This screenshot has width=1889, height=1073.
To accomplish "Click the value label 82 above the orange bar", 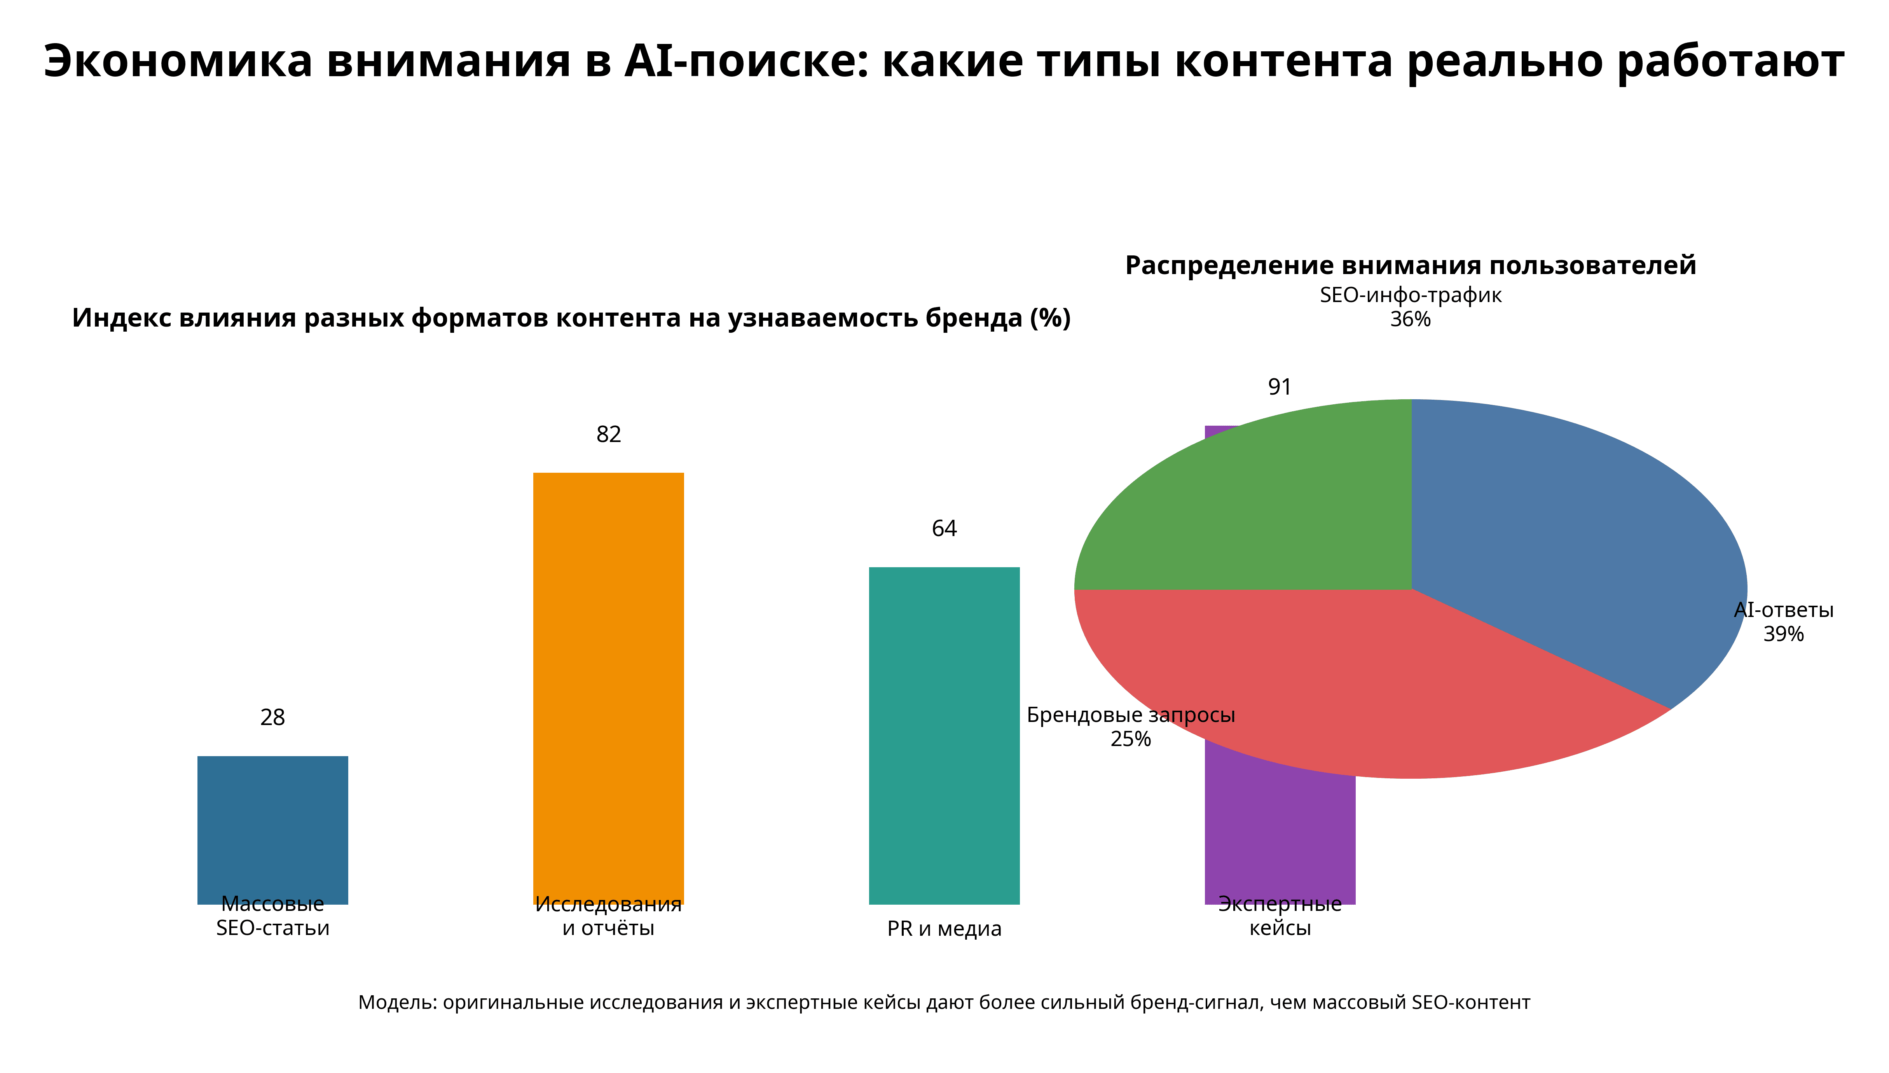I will (x=609, y=435).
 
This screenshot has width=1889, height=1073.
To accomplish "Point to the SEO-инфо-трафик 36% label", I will (x=1410, y=307).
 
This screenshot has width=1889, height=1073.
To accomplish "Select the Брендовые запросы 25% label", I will (x=1130, y=727).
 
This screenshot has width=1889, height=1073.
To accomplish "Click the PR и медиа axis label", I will (x=944, y=928).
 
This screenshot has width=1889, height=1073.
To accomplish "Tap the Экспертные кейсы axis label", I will (x=1280, y=916).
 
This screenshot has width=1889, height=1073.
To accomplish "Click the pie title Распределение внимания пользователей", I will (x=1410, y=265).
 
